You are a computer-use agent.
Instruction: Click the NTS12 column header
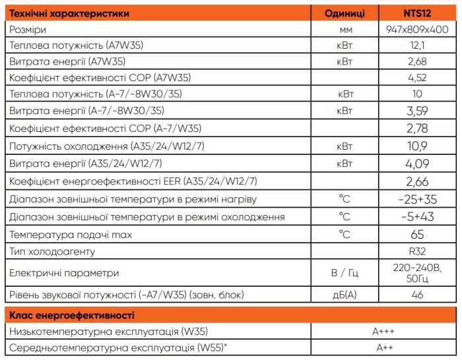click(x=416, y=13)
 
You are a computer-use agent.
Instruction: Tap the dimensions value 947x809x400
click(x=416, y=30)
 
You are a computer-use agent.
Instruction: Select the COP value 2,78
click(x=416, y=127)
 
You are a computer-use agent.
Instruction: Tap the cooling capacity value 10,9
click(x=416, y=145)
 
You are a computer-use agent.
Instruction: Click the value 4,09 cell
click(x=416, y=163)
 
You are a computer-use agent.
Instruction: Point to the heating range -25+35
click(x=416, y=199)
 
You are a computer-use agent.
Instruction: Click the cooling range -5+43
click(x=416, y=217)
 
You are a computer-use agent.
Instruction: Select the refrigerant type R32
click(x=416, y=251)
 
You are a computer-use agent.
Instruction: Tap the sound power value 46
click(x=416, y=295)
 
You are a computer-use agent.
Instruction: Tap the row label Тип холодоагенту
click(x=52, y=251)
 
